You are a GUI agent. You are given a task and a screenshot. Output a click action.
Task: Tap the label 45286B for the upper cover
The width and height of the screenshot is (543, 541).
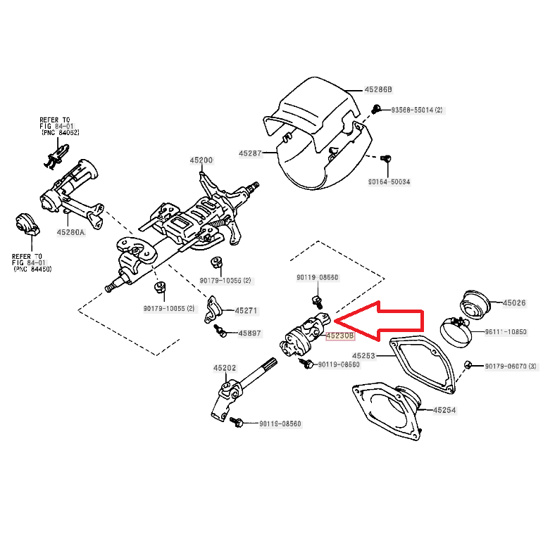click(x=378, y=90)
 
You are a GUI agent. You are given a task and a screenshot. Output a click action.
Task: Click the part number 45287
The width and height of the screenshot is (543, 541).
click(x=250, y=153)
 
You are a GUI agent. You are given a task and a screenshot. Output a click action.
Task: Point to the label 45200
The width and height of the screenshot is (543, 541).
click(x=201, y=160)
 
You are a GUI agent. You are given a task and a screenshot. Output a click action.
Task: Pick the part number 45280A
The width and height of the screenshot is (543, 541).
click(x=71, y=232)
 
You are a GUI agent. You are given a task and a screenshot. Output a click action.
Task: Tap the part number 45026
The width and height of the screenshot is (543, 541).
click(x=513, y=303)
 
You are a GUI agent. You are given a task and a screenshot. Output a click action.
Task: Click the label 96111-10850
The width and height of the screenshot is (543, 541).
click(x=505, y=332)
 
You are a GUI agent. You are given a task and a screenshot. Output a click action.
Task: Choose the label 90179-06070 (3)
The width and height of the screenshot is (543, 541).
click(x=511, y=366)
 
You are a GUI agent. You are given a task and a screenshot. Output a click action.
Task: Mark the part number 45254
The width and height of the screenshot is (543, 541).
click(x=444, y=410)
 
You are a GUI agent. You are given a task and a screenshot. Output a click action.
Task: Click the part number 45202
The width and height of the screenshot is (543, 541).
click(x=225, y=368)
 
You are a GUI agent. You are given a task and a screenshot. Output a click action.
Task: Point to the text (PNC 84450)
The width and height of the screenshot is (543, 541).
click(x=32, y=269)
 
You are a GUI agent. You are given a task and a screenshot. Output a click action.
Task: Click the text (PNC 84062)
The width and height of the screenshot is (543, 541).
click(x=60, y=133)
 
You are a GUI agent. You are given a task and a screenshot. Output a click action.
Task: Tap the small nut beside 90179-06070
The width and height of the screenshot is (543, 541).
click(x=468, y=364)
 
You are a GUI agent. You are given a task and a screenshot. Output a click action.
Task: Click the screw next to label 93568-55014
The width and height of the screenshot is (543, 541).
click(x=377, y=108)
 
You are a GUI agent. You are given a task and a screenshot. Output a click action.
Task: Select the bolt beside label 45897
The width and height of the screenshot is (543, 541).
click(x=221, y=333)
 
